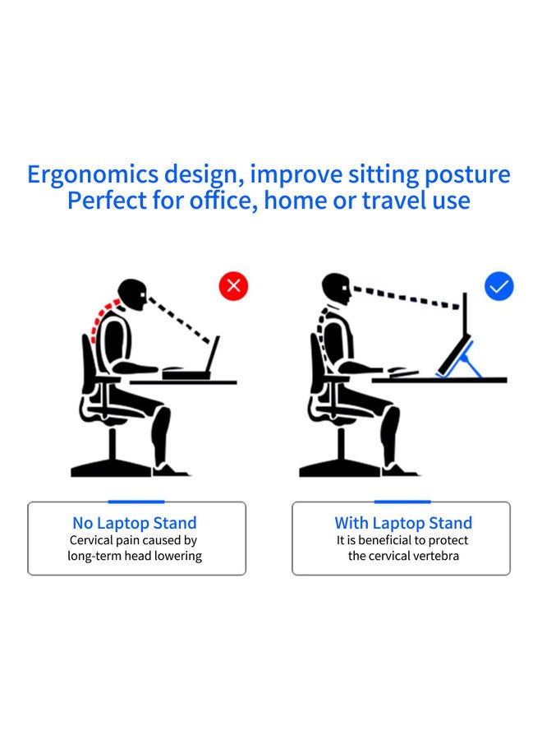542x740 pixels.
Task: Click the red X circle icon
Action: coord(233,285)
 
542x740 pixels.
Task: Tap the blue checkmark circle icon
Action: coord(498,285)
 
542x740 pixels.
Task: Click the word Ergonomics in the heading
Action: coord(91,175)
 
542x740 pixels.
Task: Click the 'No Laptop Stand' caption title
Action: coord(135,523)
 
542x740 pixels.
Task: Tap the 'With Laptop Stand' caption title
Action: coord(403,523)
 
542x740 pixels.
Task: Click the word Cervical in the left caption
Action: coord(96,540)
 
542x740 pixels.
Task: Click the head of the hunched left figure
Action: coord(131,294)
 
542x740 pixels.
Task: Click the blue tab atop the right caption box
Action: coord(402,501)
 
